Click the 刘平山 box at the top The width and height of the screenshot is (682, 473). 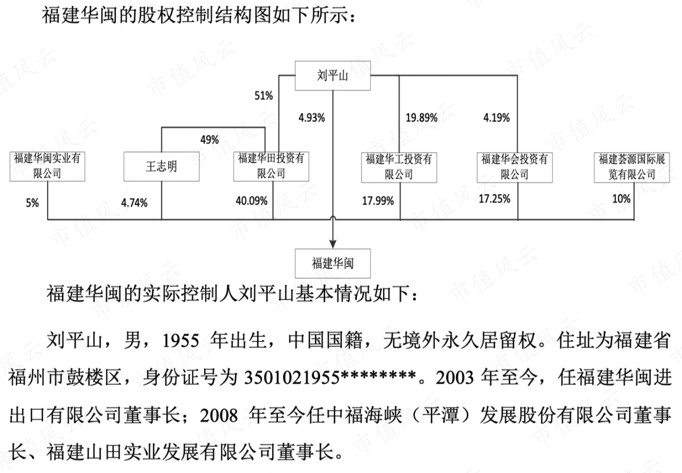tap(332, 76)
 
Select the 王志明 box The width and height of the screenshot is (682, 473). tap(161, 167)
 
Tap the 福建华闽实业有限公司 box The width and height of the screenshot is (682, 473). tap(47, 167)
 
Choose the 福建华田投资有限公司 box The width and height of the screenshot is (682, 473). tap(271, 167)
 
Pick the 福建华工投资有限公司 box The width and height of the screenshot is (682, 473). tap(399, 168)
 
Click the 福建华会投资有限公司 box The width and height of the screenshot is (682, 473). tap(514, 168)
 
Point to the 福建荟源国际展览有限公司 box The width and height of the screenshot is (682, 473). tap(632, 168)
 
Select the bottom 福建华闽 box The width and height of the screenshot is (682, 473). tap(332, 263)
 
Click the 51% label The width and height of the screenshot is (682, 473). tap(264, 96)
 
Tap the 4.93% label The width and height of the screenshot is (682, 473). tap(311, 118)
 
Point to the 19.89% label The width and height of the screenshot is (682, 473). tap(421, 118)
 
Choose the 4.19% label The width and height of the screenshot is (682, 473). tap(497, 118)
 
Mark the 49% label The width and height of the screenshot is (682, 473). tap(210, 140)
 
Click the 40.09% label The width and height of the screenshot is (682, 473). tap(251, 201)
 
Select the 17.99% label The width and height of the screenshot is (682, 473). tap(378, 201)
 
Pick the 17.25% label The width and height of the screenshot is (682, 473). tap(494, 199)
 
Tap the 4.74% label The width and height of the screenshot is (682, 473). tap(134, 203)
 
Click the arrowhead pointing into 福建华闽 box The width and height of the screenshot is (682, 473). tap(333, 244)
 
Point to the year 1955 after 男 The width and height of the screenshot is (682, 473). tap(181, 341)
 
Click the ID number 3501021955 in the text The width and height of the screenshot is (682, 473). tap(292, 378)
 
